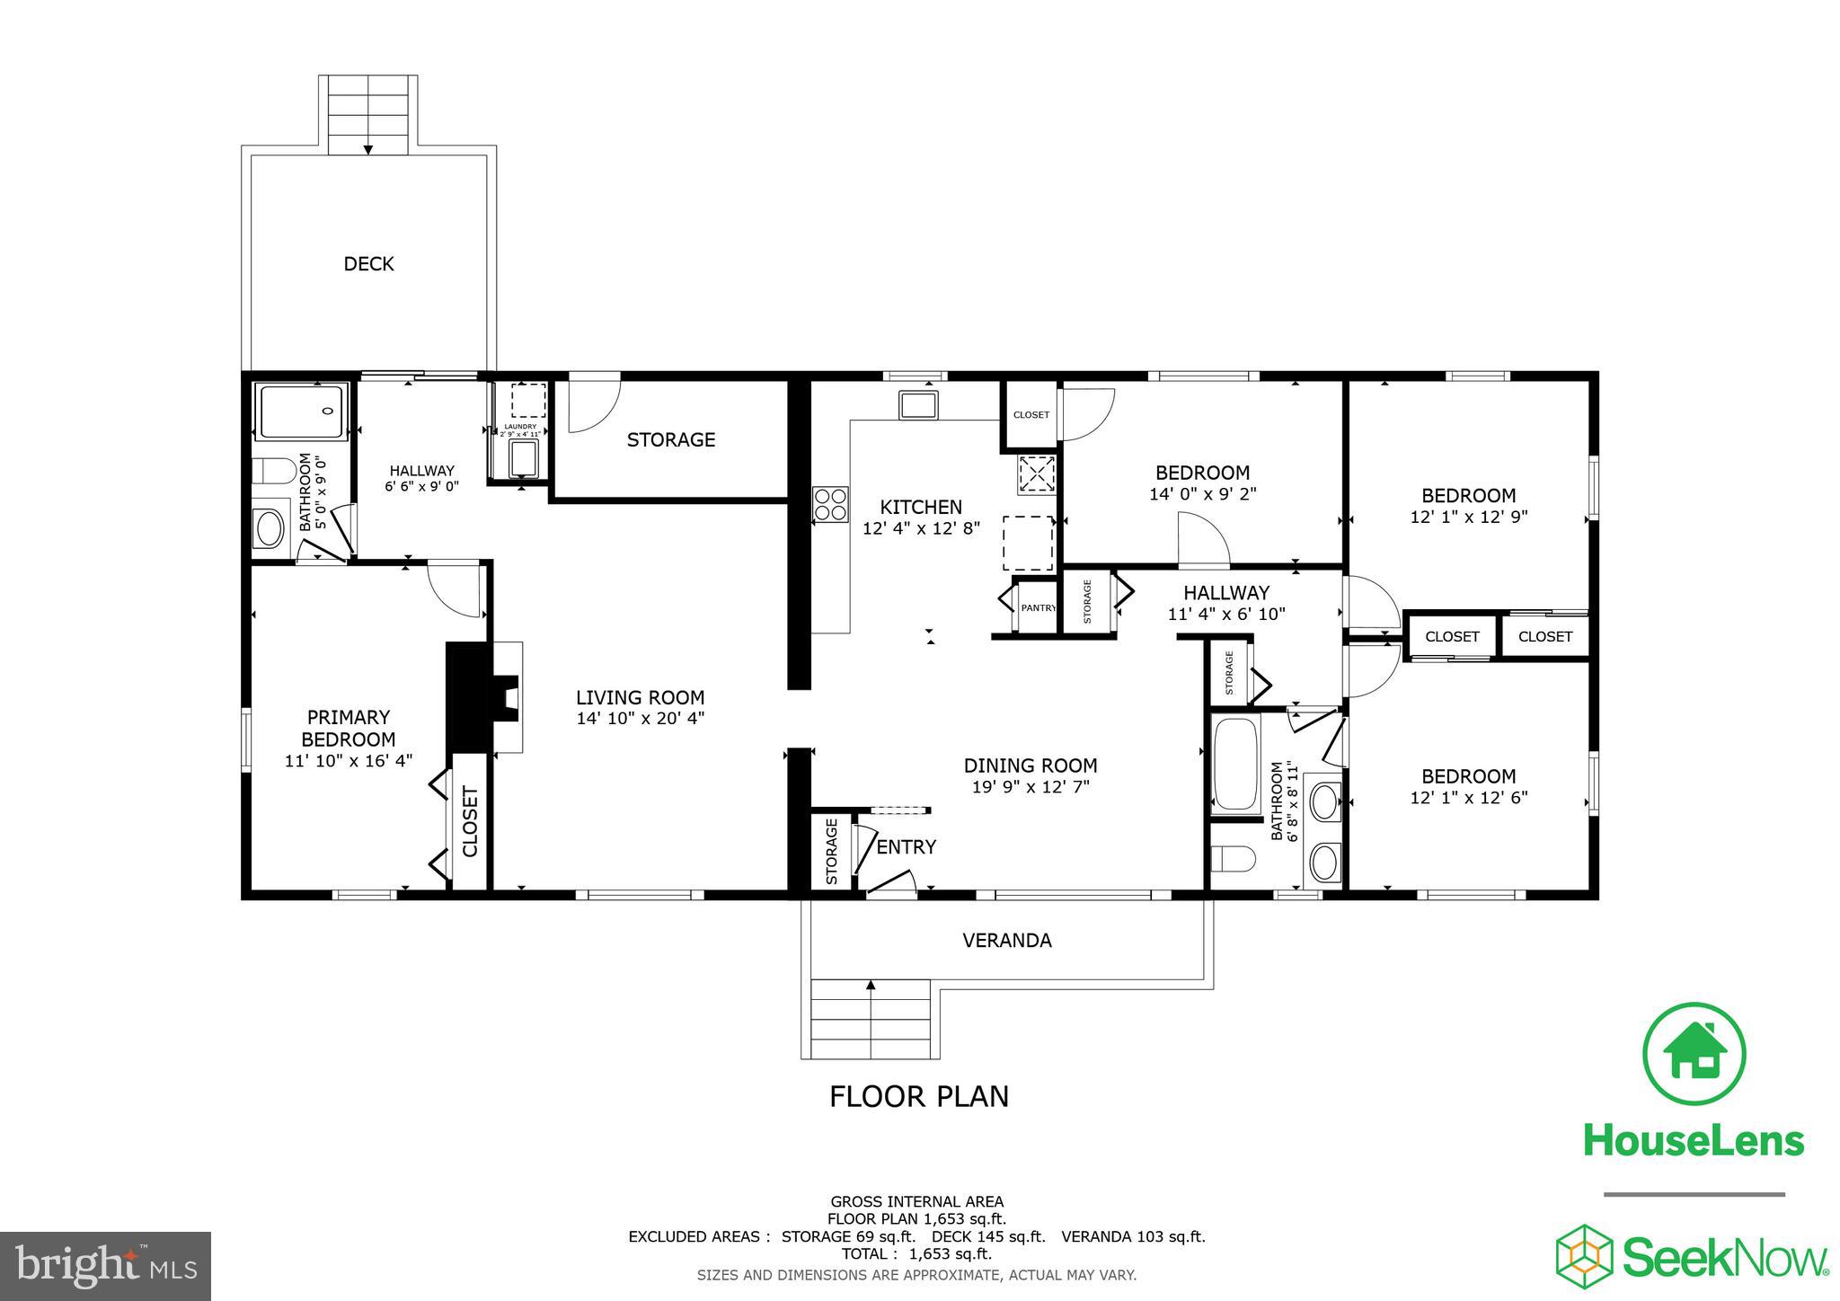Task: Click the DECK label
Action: point(368,263)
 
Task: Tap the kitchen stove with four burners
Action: point(830,504)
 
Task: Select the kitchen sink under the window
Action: point(919,406)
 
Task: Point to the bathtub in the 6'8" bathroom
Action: point(1236,765)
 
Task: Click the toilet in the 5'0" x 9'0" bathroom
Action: point(273,471)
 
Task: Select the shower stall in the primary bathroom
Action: point(301,412)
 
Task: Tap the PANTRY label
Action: point(1038,608)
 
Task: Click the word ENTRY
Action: point(906,847)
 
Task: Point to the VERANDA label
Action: point(1006,940)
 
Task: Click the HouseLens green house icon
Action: point(1694,1053)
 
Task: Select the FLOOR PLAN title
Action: point(918,1096)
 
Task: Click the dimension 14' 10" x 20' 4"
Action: point(640,718)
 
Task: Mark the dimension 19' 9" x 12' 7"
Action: point(1030,786)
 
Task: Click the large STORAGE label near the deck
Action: point(670,439)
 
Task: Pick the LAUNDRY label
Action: point(521,427)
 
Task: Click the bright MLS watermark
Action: point(105,1265)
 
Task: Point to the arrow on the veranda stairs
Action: point(870,987)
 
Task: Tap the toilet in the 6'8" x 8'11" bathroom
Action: point(1232,859)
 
